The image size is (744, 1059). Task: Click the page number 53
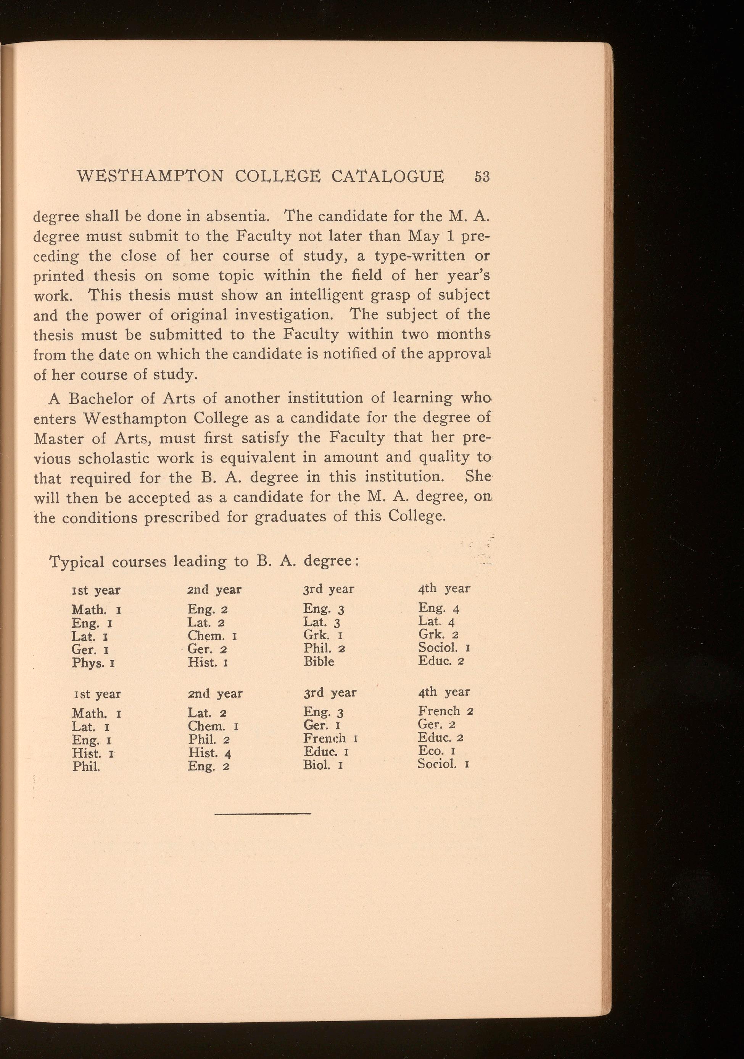point(482,177)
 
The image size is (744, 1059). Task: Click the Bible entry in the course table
point(319,661)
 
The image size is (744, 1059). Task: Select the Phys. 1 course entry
point(93,663)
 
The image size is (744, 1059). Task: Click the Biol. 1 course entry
point(322,765)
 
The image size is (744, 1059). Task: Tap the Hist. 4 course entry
point(209,753)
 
